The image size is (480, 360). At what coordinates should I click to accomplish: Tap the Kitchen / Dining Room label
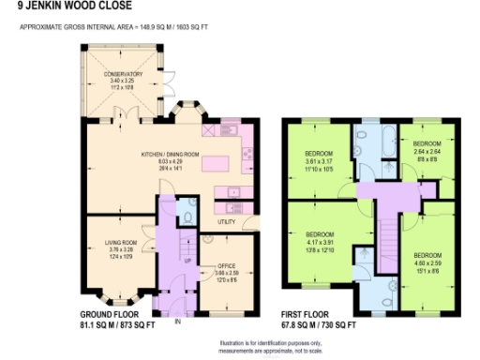[169, 154]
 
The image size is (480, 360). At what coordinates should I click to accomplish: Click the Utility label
[225, 222]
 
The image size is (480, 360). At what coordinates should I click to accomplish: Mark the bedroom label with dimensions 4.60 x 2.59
[427, 254]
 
